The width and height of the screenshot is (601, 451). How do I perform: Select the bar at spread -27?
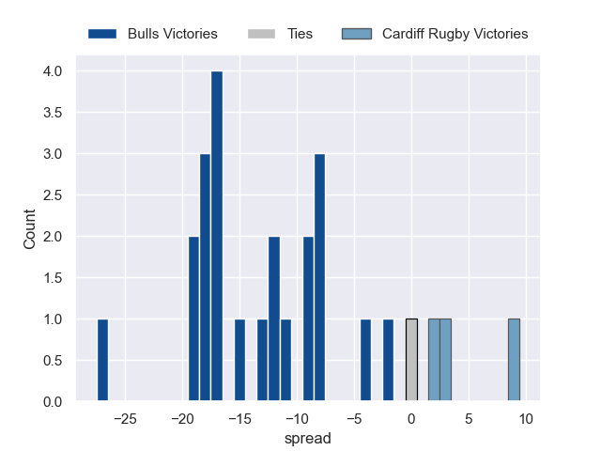point(102,361)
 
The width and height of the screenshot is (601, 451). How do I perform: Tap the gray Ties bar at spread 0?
point(411,361)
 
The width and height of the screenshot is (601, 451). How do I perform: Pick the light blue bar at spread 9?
point(514,361)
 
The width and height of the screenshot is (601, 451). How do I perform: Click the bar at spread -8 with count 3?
point(319,278)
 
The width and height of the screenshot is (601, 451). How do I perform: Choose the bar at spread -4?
point(365,361)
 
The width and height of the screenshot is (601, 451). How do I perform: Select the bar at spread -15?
point(239,361)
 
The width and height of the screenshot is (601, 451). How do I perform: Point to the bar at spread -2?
point(388,361)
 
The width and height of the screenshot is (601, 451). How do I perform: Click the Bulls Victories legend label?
point(173,34)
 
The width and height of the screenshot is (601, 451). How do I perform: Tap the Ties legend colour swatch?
point(262,34)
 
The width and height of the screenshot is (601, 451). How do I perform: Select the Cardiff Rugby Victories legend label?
point(455,34)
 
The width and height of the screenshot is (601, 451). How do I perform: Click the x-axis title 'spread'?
point(308,438)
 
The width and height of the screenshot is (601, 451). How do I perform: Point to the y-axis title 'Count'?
point(29,229)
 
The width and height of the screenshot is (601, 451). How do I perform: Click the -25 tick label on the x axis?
point(125,418)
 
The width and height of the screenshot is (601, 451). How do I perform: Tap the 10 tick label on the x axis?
point(526,418)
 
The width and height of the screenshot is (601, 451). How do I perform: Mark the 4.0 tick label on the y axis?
point(52,71)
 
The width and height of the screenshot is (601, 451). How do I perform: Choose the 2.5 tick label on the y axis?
point(52,195)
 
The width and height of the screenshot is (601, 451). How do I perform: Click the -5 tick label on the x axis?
point(354,418)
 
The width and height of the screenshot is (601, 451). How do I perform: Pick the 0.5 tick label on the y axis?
point(52,361)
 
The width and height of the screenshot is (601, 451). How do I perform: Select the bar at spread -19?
point(194,319)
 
